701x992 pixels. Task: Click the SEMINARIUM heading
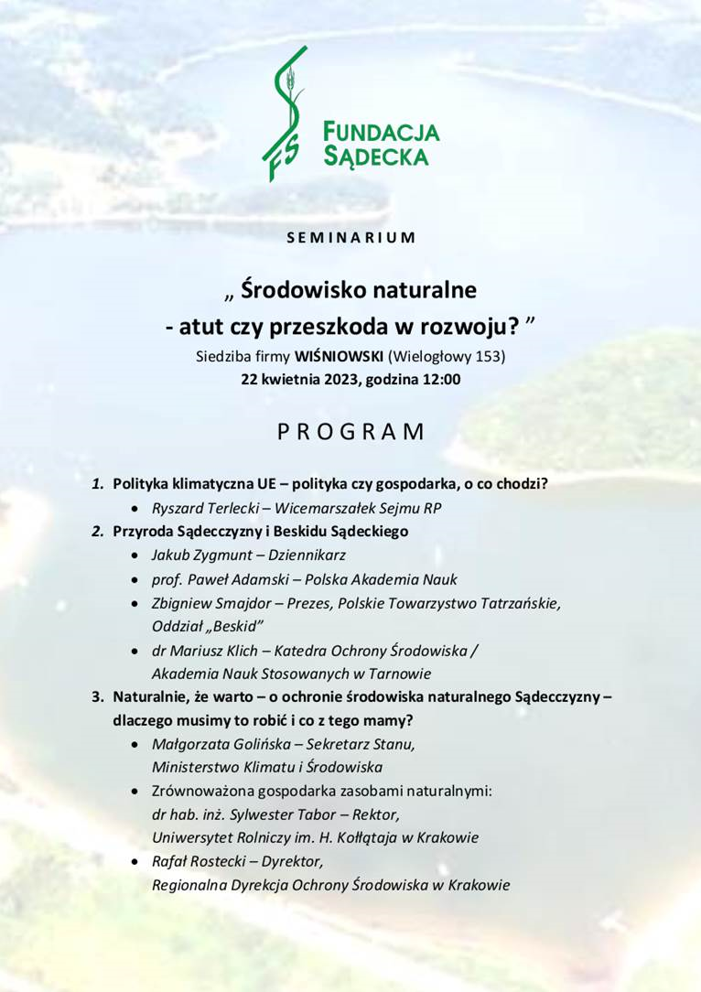click(x=350, y=238)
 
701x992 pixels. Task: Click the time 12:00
click(x=438, y=378)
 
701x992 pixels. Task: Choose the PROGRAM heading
click(x=350, y=432)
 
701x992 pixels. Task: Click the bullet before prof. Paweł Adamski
click(x=135, y=579)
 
